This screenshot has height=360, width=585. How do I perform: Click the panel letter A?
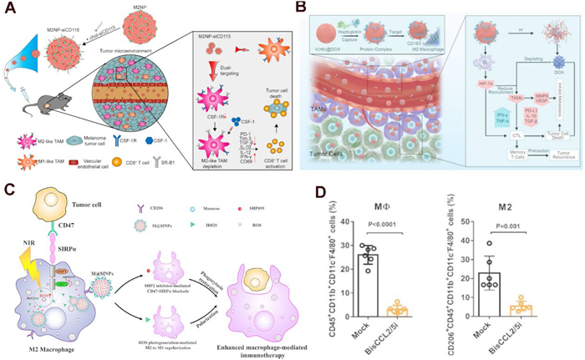9,10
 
